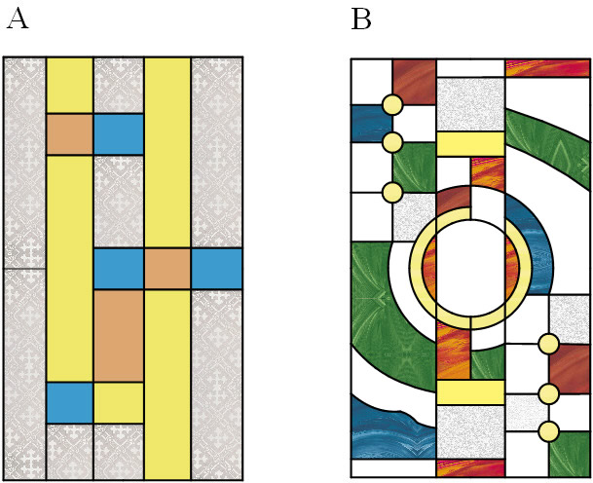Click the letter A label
tap(17, 19)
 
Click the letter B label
tap(361, 19)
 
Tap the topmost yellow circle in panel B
tap(392, 104)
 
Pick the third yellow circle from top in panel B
tap(392, 192)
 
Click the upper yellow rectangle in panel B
tap(470, 143)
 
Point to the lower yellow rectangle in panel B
tap(470, 391)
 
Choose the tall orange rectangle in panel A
tap(119, 335)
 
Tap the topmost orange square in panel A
tap(70, 134)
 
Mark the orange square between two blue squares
tap(167, 269)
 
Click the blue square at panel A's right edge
tap(216, 269)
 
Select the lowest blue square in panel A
tap(70, 402)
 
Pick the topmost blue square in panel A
tap(119, 134)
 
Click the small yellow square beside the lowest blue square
tap(119, 402)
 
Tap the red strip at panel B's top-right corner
tap(548, 66)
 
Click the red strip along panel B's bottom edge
tap(470, 467)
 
